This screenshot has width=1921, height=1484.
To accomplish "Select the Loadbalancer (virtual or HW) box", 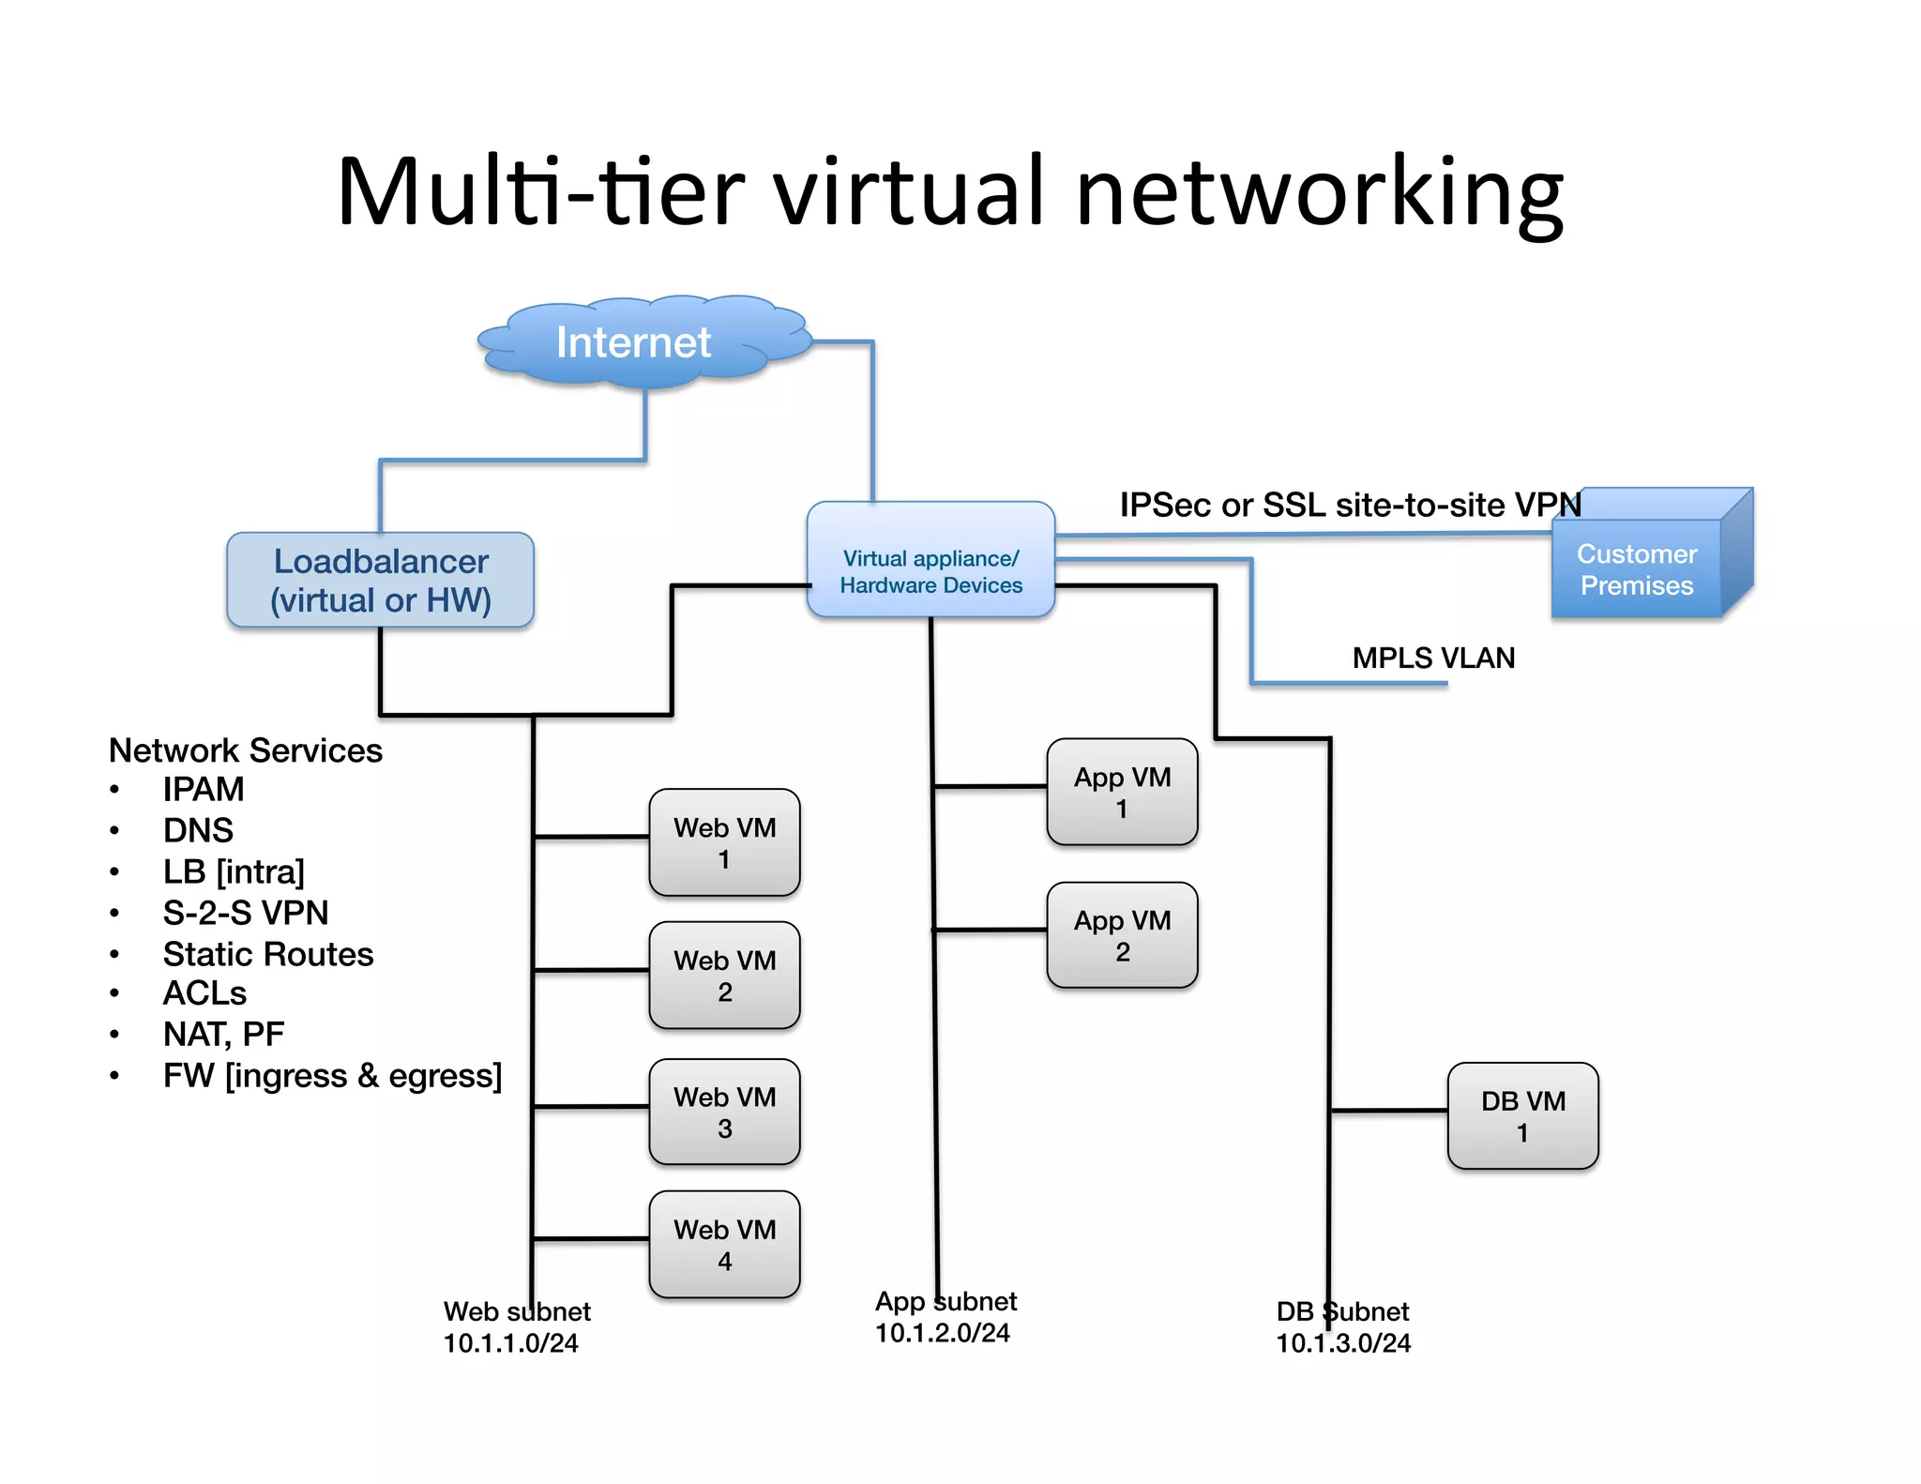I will (x=381, y=581).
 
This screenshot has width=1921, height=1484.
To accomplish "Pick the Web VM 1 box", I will (x=724, y=842).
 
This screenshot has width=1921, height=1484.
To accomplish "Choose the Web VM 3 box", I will (x=724, y=1113).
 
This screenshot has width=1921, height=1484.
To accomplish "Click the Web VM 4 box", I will (x=724, y=1245).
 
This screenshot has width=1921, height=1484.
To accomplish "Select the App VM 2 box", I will (x=1122, y=935).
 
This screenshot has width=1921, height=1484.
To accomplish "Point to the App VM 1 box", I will (x=1122, y=793).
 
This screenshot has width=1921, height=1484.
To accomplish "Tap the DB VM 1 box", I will (x=1522, y=1116).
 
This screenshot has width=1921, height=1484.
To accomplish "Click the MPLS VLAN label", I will (x=1432, y=659).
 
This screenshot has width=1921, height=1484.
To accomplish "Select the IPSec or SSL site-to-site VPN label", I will (x=1350, y=506).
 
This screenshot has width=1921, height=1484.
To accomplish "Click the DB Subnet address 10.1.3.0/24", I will (x=1342, y=1343).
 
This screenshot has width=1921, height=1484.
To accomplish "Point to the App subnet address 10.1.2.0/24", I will (x=942, y=1333).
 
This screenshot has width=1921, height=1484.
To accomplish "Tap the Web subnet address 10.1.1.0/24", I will (x=510, y=1343).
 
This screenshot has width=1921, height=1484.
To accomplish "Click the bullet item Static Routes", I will (x=268, y=954).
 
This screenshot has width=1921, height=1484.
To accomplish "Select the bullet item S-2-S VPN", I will (x=246, y=913).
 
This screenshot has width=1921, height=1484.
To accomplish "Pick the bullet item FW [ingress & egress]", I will (x=332, y=1076).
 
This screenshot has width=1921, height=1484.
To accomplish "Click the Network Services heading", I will (x=246, y=750).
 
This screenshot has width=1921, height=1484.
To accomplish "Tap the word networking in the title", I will (x=1319, y=192).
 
